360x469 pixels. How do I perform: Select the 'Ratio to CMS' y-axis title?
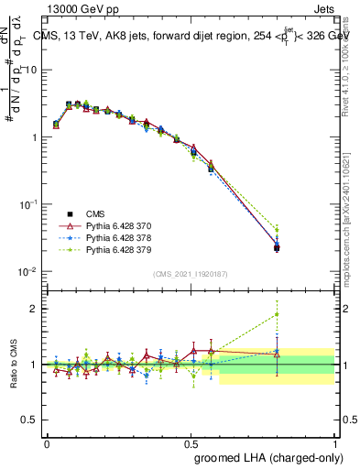tap(14, 365)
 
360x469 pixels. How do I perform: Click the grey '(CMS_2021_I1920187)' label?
tap(190, 275)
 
